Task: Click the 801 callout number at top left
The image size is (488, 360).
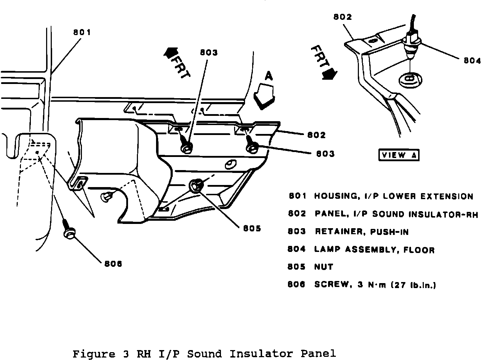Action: point(82,33)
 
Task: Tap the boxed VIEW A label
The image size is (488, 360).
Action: point(399,155)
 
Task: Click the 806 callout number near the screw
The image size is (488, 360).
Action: point(113,264)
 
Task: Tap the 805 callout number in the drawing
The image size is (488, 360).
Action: point(252,229)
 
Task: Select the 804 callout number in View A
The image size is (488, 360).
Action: point(472,61)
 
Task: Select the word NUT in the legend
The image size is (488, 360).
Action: point(323,267)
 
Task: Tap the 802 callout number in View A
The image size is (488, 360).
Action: point(342,17)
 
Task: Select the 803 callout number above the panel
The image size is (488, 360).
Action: point(209,52)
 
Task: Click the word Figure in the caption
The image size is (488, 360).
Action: point(94,354)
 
